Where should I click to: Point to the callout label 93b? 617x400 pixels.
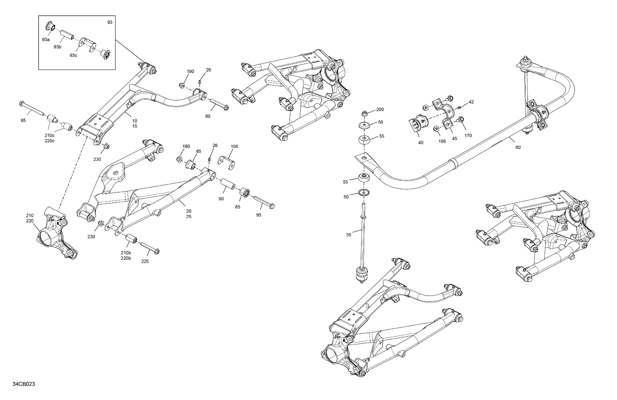58,47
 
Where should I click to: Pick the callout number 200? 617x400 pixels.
380,109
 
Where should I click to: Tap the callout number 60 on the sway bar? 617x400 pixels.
518,147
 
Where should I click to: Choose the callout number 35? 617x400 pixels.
348,235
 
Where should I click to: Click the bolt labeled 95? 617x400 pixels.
264,203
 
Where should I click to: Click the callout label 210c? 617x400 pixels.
50,135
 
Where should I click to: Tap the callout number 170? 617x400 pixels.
468,135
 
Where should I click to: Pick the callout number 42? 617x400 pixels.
471,102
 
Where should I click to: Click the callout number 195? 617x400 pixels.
442,141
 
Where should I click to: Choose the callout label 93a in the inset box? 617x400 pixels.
46,40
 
